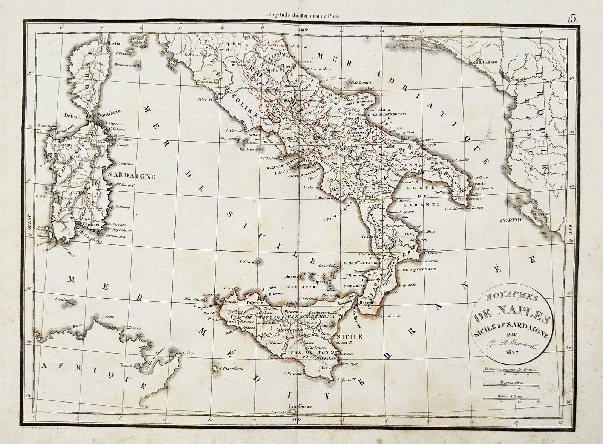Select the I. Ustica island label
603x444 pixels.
point(248,261)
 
